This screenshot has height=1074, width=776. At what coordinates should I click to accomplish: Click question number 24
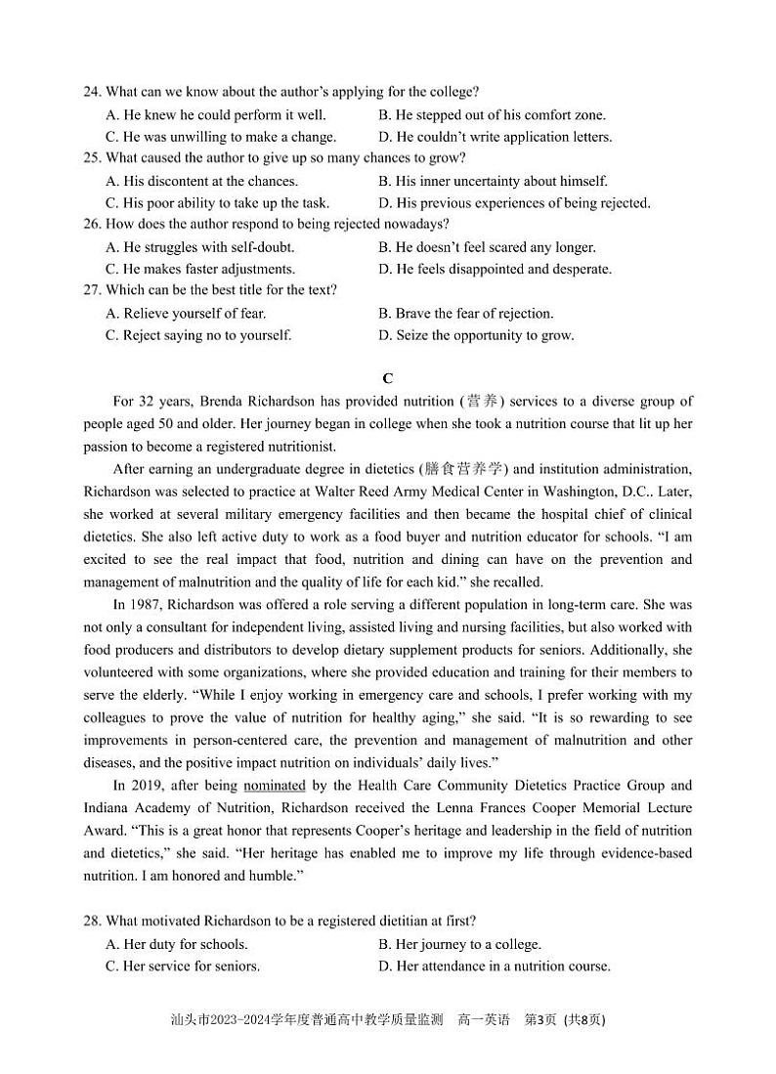(x=92, y=92)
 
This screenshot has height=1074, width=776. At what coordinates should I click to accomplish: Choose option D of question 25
(x=513, y=203)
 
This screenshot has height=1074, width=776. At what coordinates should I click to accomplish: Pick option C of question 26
(x=199, y=269)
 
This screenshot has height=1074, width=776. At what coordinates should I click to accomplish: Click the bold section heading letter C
(x=388, y=378)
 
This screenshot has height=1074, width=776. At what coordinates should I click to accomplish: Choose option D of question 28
(x=494, y=967)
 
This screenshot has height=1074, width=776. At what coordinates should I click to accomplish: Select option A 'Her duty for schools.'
(x=176, y=944)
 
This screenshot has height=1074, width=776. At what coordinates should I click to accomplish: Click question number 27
(x=92, y=290)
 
